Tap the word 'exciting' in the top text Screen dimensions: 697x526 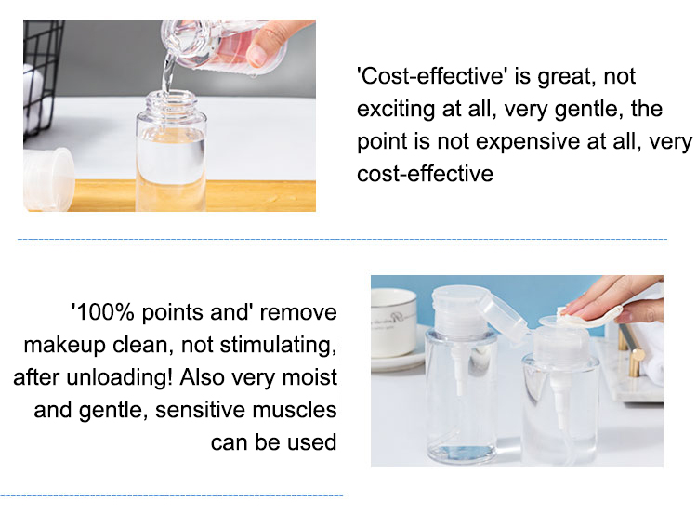click(x=396, y=110)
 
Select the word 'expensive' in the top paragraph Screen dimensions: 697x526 click(x=528, y=142)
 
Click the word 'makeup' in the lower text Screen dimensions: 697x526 click(x=64, y=346)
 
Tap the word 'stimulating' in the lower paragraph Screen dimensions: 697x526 click(x=278, y=345)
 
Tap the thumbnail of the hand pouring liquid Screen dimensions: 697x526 click(x=169, y=115)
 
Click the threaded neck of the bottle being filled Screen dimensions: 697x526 click(x=171, y=102)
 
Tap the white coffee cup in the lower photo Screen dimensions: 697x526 click(x=393, y=322)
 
